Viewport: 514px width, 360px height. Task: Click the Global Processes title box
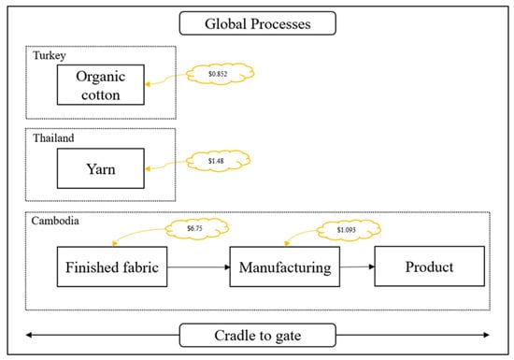258,23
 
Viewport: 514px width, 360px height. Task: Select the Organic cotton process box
101,85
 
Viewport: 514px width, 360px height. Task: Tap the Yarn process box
101,168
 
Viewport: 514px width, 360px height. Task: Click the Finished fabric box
112,266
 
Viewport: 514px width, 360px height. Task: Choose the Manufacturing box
285,266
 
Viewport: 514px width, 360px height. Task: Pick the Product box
430,266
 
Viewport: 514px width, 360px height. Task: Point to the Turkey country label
50,56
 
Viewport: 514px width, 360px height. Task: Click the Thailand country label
53,138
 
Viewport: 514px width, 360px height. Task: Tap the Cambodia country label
55,221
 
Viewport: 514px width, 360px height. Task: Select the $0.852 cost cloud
220,74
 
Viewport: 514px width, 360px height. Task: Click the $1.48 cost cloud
218,161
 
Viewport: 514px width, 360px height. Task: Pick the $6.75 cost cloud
196,228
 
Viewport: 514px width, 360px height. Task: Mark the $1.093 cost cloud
349,230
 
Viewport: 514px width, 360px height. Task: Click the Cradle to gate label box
258,335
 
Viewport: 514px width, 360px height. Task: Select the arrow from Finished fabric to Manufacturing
199,267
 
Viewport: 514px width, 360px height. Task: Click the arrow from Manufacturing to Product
357,266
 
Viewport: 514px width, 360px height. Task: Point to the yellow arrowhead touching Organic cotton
148,84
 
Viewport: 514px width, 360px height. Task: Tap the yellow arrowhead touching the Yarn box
148,169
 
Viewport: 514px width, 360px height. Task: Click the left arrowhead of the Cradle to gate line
29,335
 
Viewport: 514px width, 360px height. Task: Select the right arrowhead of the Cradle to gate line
487,335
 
